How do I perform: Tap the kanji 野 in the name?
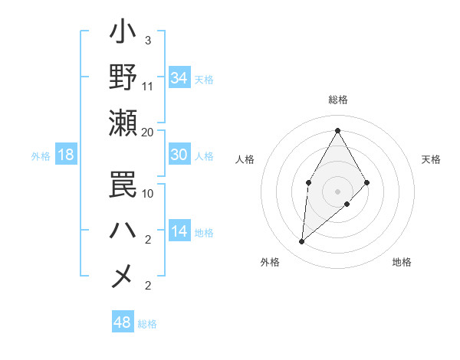tap(123, 77)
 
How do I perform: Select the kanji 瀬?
tap(123, 123)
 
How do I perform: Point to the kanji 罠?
tap(123, 185)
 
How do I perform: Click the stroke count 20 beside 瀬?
tap(148, 132)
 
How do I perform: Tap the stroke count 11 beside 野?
tap(148, 86)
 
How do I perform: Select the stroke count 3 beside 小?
tap(147, 40)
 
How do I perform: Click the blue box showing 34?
tap(179, 78)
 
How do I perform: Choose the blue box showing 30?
tap(179, 155)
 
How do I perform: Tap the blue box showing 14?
tap(179, 231)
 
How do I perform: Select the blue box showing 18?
tap(66, 155)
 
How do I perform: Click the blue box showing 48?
tap(122, 322)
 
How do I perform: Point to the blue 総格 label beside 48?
tap(147, 324)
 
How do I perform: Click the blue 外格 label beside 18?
tap(41, 156)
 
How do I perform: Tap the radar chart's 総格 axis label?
tap(337, 100)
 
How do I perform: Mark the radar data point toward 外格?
tap(302, 242)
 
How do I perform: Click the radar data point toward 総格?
tap(337, 130)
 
